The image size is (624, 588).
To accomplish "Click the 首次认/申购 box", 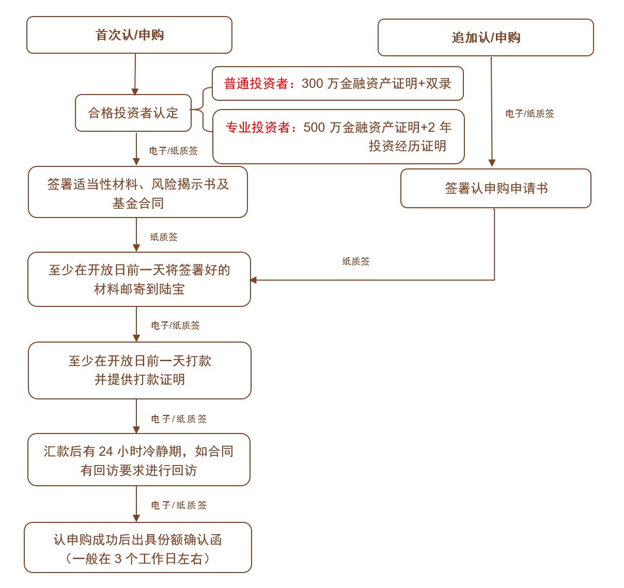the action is pyautogui.click(x=129, y=35).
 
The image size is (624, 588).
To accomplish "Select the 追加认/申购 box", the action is pyautogui.click(x=486, y=37).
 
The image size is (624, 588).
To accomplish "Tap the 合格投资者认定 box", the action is pyautogui.click(x=133, y=113).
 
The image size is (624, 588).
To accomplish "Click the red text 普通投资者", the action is pyautogui.click(x=256, y=84).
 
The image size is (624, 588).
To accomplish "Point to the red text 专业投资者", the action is pyautogui.click(x=258, y=127).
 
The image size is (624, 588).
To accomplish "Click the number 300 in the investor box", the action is pyautogui.click(x=313, y=84).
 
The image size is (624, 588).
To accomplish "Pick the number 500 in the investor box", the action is pyautogui.click(x=314, y=127).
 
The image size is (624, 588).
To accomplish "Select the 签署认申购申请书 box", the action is pyautogui.click(x=496, y=189).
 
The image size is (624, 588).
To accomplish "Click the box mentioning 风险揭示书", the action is pyautogui.click(x=137, y=192).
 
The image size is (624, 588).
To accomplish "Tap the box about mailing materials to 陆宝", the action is pyautogui.click(x=139, y=279).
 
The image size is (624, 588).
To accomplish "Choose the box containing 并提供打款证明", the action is pyautogui.click(x=139, y=370).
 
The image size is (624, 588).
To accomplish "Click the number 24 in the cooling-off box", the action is pyautogui.click(x=105, y=452).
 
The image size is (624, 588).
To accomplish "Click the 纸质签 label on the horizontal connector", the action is pyautogui.click(x=356, y=261).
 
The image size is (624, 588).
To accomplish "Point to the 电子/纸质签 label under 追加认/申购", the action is pyautogui.click(x=529, y=114).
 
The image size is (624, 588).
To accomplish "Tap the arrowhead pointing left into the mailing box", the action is pyautogui.click(x=253, y=280).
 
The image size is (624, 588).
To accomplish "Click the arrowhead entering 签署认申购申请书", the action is pyautogui.click(x=492, y=163).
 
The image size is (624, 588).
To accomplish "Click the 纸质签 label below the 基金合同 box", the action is pyautogui.click(x=164, y=237).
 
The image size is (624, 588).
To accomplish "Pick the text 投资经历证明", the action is pyautogui.click(x=407, y=146).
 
